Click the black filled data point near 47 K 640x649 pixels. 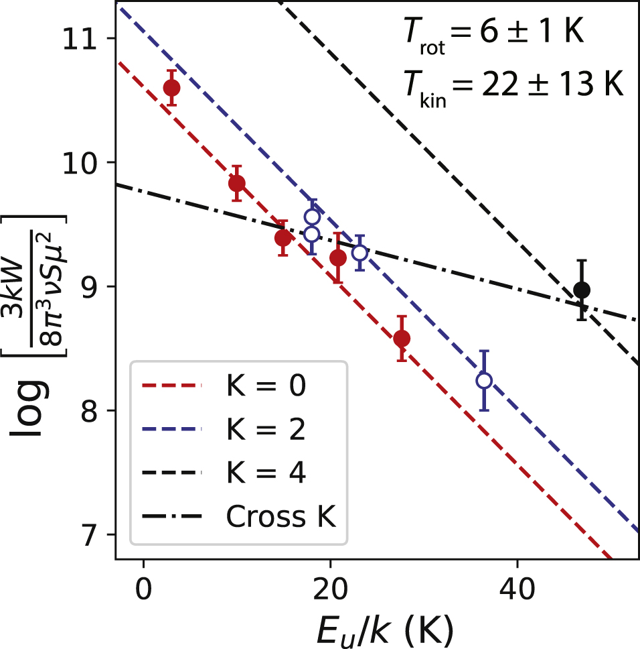click(x=582, y=290)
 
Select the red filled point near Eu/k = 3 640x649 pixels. click(x=171, y=88)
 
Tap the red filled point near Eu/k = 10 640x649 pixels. click(x=236, y=183)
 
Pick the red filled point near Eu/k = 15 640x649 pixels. click(x=283, y=238)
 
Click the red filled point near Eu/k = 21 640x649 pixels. click(x=338, y=258)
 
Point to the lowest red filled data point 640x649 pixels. click(x=402, y=339)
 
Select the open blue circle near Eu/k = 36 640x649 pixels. click(x=484, y=380)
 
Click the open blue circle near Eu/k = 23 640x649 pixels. click(x=359, y=253)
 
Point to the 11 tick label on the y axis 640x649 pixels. click(x=86, y=38)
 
